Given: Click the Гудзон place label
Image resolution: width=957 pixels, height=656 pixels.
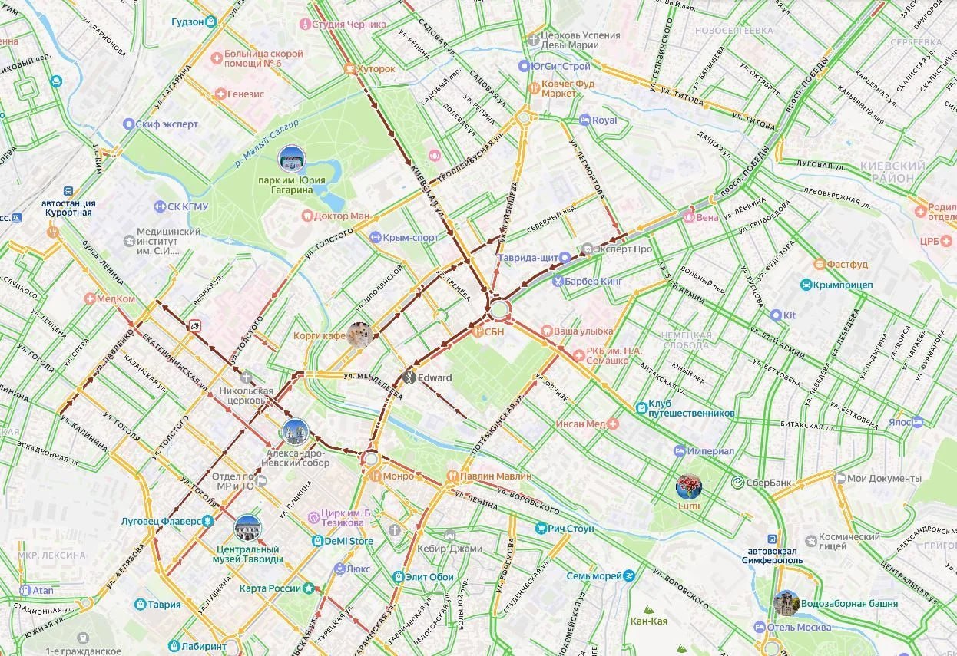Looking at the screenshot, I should [188, 21].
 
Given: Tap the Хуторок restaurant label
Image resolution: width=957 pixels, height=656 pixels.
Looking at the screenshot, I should [376, 69].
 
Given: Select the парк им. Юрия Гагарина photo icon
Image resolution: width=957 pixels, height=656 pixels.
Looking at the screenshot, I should [291, 160].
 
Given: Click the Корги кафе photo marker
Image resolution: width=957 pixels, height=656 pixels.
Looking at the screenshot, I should [359, 335].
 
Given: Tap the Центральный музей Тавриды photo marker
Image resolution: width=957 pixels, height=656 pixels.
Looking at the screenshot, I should [247, 528].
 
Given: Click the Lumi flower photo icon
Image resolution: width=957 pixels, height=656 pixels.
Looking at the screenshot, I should [688, 486].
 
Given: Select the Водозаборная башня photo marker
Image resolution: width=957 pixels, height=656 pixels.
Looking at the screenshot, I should [786, 604].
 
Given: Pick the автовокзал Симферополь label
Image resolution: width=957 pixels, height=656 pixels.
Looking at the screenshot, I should [776, 554].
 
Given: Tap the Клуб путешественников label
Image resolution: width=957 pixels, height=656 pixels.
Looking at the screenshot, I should [690, 407].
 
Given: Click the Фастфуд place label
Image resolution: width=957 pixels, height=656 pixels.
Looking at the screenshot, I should [846, 265].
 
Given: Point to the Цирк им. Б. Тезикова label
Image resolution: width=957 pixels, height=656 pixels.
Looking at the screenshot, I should [345, 518].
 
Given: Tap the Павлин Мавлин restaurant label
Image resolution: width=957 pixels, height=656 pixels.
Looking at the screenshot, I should [495, 476].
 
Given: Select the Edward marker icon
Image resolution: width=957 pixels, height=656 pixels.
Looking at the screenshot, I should [409, 377].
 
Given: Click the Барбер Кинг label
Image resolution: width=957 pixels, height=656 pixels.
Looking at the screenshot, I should [592, 281].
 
